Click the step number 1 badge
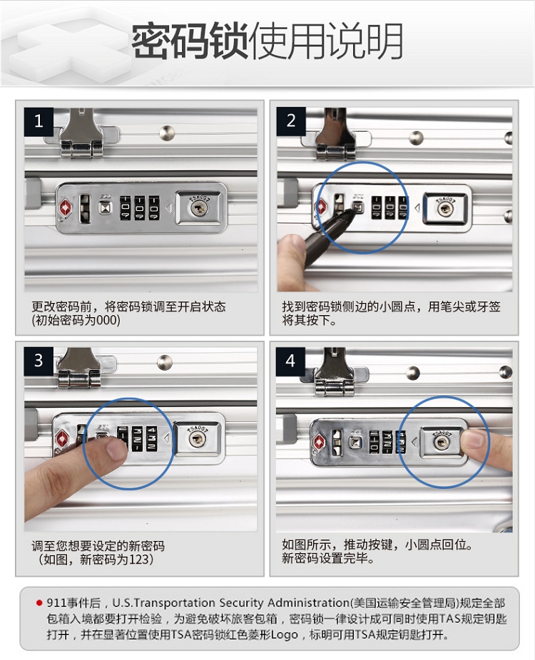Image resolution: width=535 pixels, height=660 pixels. pyautogui.click(x=39, y=122)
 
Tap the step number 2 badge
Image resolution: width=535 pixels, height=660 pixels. pyautogui.click(x=291, y=121)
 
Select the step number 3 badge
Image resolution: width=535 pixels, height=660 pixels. pyautogui.click(x=39, y=361)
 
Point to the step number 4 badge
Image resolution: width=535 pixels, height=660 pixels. pyautogui.click(x=290, y=361)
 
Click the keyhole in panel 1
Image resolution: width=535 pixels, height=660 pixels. pyautogui.click(x=198, y=208)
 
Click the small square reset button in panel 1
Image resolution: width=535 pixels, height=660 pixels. pyautogui.click(x=105, y=207)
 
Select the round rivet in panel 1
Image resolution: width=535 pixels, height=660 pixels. pyautogui.click(x=167, y=133)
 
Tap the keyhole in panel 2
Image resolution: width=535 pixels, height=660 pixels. pyautogui.click(x=444, y=208)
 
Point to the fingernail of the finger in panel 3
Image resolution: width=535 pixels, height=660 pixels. pyautogui.click(x=116, y=449)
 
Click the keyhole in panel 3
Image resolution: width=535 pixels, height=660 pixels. pyautogui.click(x=197, y=440)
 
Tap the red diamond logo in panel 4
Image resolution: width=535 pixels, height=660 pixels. pyautogui.click(x=319, y=443)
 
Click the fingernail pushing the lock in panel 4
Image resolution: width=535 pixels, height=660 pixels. pyautogui.click(x=473, y=439)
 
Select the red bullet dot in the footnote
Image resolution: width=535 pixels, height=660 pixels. pyautogui.click(x=39, y=603)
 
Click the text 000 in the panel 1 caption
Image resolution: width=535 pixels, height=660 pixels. pyautogui.click(x=107, y=320)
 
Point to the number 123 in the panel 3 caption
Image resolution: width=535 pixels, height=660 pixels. pyautogui.click(x=138, y=560)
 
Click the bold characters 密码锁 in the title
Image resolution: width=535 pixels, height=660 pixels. pyautogui.click(x=190, y=41)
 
